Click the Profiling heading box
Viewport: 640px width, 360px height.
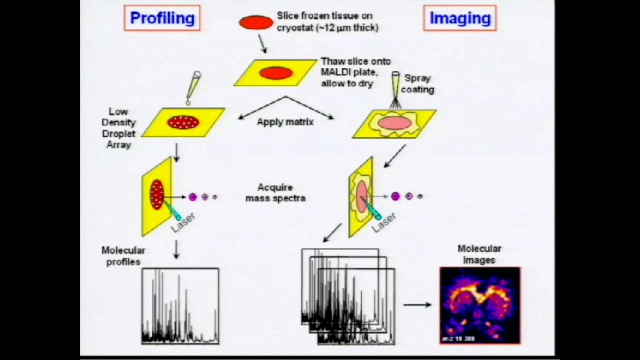coord(162,18)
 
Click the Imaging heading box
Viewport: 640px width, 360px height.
coord(460,18)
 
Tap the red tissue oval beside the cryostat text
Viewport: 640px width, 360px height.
coord(256,22)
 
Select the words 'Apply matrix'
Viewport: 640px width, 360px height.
coord(285,122)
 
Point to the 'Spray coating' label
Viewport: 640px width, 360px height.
coord(417,83)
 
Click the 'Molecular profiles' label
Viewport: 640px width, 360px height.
coord(123,256)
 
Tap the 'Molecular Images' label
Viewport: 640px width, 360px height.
coord(479,254)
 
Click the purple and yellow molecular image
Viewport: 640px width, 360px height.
coord(480,305)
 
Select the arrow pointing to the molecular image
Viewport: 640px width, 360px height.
coord(417,305)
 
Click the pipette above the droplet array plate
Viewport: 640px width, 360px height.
coord(193,87)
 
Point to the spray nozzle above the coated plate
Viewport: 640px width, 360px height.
coord(396,89)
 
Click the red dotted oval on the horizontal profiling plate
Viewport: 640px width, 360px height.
coord(183,123)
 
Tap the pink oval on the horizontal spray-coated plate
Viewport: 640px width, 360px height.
coord(394,123)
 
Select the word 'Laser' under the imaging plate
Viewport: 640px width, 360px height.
coord(384,223)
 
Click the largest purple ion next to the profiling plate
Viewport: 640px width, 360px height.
coord(193,197)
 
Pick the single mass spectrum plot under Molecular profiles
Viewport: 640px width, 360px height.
coord(180,306)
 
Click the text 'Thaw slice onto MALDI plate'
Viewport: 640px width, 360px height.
coord(355,67)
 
